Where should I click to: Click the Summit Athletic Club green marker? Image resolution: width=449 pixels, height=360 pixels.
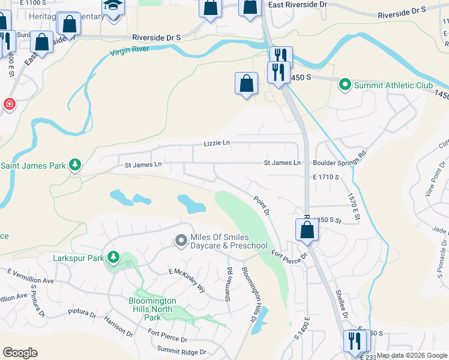[345, 85]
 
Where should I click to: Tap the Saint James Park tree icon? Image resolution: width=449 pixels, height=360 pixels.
[74, 165]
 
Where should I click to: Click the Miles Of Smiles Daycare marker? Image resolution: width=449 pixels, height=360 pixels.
[181, 241]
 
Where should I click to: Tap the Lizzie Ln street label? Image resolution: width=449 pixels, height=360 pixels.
[217, 143]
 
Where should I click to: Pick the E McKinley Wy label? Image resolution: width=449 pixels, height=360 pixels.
[187, 280]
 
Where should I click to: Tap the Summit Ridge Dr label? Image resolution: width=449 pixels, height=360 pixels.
[181, 351]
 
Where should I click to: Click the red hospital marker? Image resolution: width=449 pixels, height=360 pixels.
[9, 104]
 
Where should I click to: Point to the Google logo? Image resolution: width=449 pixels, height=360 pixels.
[20, 353]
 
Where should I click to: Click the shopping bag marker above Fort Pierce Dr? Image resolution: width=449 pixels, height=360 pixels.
[307, 230]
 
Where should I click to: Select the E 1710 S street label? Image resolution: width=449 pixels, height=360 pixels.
[326, 178]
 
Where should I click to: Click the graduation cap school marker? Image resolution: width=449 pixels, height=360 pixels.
[112, 7]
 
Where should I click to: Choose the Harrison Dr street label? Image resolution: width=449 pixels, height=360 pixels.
[118, 328]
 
